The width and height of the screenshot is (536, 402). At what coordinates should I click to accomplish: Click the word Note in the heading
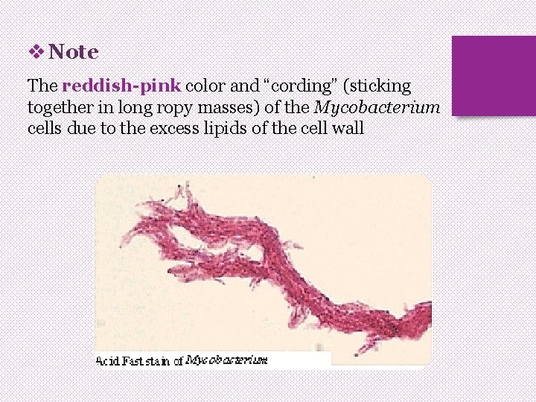pyautogui.click(x=74, y=52)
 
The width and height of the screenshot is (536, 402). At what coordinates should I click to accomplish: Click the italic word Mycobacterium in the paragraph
pyautogui.click(x=377, y=107)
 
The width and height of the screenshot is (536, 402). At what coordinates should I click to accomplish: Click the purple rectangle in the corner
pyautogui.click(x=494, y=76)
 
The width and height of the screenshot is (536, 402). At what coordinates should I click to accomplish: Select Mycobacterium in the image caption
pyautogui.click(x=226, y=360)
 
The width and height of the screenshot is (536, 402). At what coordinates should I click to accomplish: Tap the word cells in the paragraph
pyautogui.click(x=45, y=128)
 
